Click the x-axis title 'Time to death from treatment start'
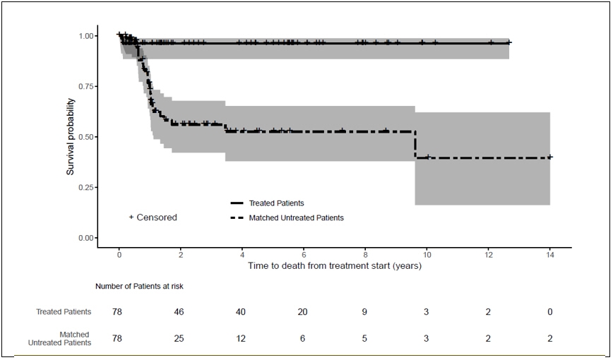(x=334, y=266)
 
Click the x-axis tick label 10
(x=427, y=253)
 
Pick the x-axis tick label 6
(x=304, y=253)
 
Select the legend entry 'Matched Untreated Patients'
(x=296, y=218)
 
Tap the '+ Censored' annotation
(x=153, y=217)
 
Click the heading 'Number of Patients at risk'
(x=140, y=286)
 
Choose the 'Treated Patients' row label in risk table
(x=64, y=311)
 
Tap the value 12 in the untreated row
(x=242, y=338)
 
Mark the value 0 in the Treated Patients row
(x=549, y=311)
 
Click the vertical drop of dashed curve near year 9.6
(x=415, y=145)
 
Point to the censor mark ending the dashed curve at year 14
(x=550, y=157)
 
